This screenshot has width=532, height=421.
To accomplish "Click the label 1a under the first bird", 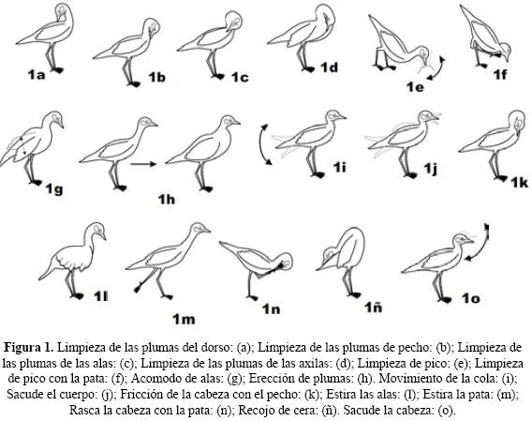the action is [x=37, y=75].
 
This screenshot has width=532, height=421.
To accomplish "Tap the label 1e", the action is [x=415, y=87].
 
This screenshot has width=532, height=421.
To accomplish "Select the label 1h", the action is [x=167, y=200].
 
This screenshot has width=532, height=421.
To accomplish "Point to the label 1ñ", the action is [x=373, y=308].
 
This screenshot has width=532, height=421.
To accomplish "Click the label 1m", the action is [x=184, y=319].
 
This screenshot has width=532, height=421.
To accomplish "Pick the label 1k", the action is [x=520, y=183].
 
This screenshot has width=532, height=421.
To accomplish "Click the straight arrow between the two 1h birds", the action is [x=143, y=164].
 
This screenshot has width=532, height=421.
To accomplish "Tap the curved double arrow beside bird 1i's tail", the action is [x=265, y=144].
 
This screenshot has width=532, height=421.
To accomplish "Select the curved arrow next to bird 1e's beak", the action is [x=438, y=69].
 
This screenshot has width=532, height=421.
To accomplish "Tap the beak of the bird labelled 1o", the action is [x=469, y=241].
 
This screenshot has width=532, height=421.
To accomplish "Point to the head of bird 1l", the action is [x=96, y=231].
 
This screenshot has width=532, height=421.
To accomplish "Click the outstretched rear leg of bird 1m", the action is [x=146, y=280].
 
